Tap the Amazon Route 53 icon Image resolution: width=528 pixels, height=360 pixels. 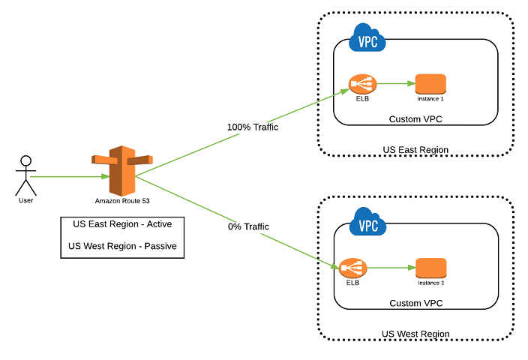121,170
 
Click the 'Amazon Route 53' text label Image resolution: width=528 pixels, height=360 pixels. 121,201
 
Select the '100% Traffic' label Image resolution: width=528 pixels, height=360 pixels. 253,127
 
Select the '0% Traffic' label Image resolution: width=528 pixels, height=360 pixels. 247,226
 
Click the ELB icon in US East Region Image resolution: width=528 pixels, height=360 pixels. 361,84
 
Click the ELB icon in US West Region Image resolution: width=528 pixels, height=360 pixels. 352,268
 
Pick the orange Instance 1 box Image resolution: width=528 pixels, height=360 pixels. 430,83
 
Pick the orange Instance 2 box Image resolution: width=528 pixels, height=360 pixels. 430,267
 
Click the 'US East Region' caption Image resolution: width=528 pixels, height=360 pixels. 415,150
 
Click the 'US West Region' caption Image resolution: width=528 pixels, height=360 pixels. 415,334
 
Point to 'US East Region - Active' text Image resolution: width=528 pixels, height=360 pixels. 122,224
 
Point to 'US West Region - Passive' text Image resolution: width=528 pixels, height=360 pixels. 122,246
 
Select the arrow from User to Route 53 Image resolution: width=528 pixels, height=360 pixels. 67,177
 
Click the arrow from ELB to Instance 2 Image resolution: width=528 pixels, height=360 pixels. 388,267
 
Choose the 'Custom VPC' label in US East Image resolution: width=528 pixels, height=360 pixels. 415,119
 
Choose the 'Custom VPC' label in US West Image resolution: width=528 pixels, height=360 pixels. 415,303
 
